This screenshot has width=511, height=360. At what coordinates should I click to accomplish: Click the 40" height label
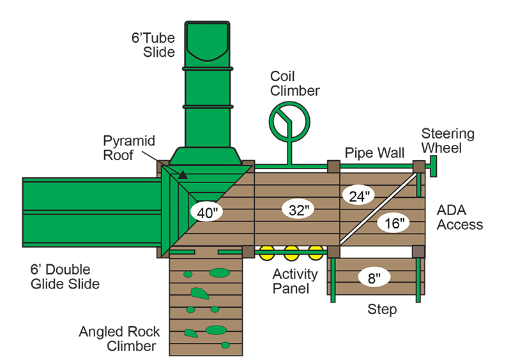click(206, 213)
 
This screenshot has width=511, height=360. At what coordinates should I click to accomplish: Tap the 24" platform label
click(358, 197)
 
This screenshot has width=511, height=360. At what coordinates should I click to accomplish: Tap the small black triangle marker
click(183, 174)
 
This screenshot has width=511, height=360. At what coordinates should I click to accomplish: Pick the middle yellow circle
click(292, 253)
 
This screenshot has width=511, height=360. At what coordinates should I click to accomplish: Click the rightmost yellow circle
click(316, 253)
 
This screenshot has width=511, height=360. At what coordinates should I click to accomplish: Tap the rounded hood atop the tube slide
click(207, 42)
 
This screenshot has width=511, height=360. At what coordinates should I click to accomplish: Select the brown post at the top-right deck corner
click(418, 167)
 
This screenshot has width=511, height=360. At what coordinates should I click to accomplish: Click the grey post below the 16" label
click(418, 251)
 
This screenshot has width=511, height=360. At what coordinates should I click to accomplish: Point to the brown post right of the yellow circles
click(333, 251)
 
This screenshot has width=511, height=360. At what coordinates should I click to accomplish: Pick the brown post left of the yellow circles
click(248, 251)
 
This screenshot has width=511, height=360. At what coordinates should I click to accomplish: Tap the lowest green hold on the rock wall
click(225, 345)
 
